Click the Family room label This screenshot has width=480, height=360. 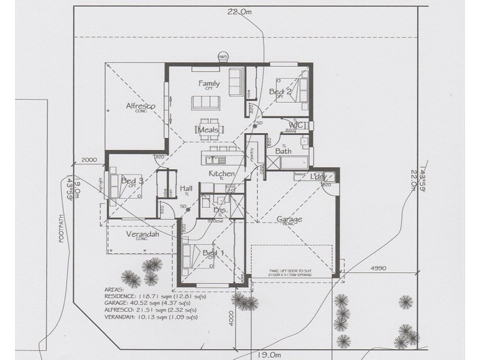[209, 84]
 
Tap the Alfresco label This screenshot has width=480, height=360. [140, 106]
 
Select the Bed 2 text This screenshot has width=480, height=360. [280, 92]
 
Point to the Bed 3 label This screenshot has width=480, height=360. [131, 181]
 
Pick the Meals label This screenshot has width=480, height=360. [208, 130]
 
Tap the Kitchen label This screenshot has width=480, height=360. [221, 173]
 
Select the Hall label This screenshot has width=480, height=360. [186, 188]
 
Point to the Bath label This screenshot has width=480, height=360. [283, 151]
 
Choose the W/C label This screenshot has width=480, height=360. [298, 125]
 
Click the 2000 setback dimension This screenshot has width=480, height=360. [88, 161]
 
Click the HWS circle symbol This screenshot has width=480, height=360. [223, 57]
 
